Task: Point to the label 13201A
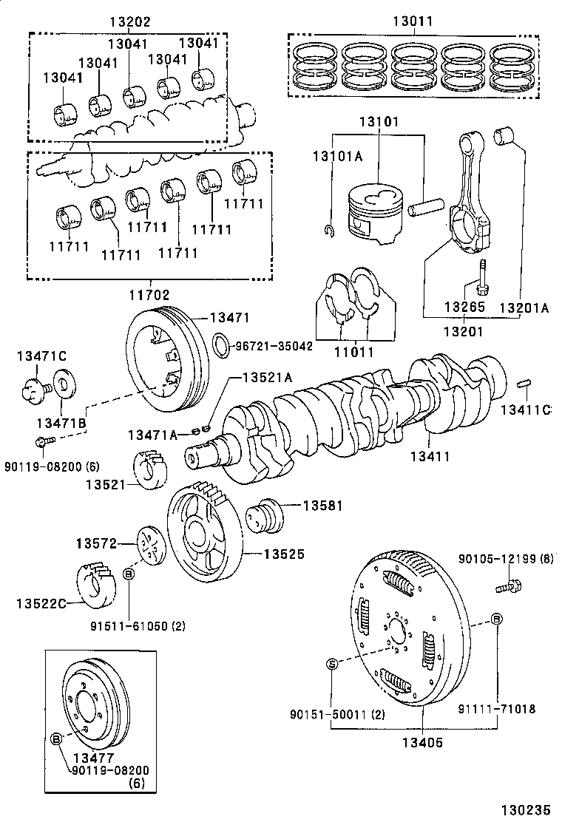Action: coord(523,308)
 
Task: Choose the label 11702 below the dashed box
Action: coord(150,294)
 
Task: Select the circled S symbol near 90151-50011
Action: coord(331,663)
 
